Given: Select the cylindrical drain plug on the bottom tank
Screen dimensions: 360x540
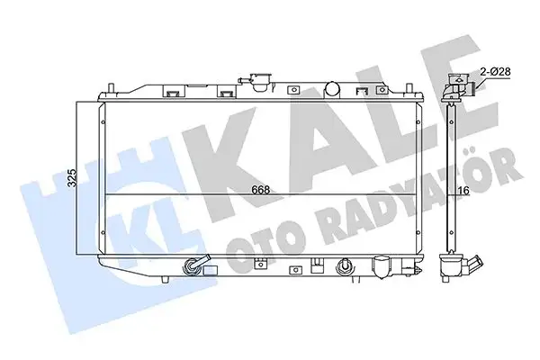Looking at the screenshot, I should [x=382, y=267].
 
